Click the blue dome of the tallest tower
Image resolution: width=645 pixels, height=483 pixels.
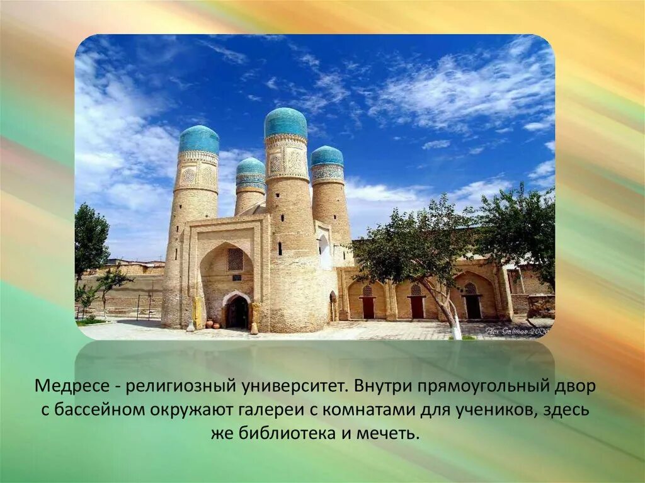click(x=285, y=122)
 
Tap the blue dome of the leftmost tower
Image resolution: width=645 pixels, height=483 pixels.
click(x=198, y=139)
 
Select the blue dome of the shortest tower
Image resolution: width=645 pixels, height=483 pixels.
click(x=251, y=167)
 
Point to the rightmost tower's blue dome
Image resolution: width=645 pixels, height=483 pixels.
click(x=327, y=156)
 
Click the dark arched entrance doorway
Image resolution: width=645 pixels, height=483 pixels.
click(x=237, y=312)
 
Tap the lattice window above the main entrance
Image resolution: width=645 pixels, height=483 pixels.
click(x=235, y=259)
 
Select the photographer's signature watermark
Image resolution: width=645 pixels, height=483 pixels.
click(x=515, y=330)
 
